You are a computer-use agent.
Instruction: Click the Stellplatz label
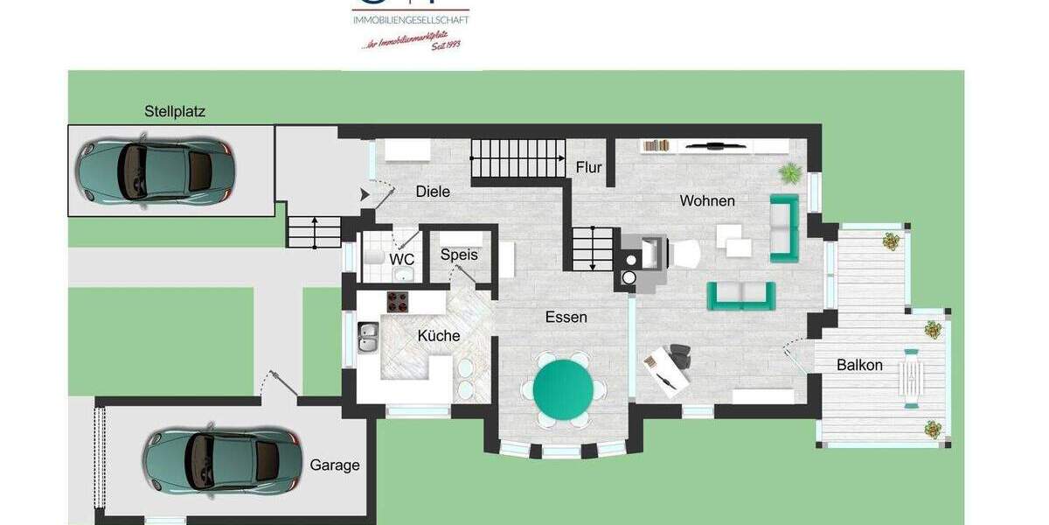[175, 111]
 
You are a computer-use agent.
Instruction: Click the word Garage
[335, 465]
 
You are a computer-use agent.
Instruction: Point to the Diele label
[433, 192]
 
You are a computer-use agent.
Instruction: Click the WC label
[402, 260]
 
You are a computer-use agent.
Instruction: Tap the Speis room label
[459, 255]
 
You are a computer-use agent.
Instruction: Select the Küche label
[439, 336]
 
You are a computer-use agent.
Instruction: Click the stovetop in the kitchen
[399, 301]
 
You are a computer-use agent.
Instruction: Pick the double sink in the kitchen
[368, 337]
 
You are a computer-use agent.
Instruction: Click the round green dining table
[563, 388]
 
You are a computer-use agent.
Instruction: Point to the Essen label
[566, 317]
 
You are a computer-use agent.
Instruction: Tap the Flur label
[589, 167]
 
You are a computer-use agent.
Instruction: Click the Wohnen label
[707, 201]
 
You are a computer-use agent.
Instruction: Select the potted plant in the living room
[790, 171]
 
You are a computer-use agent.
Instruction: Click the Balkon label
[859, 365]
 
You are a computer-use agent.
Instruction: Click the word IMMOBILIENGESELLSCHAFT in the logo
[410, 19]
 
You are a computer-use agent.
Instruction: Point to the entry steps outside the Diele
[314, 231]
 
